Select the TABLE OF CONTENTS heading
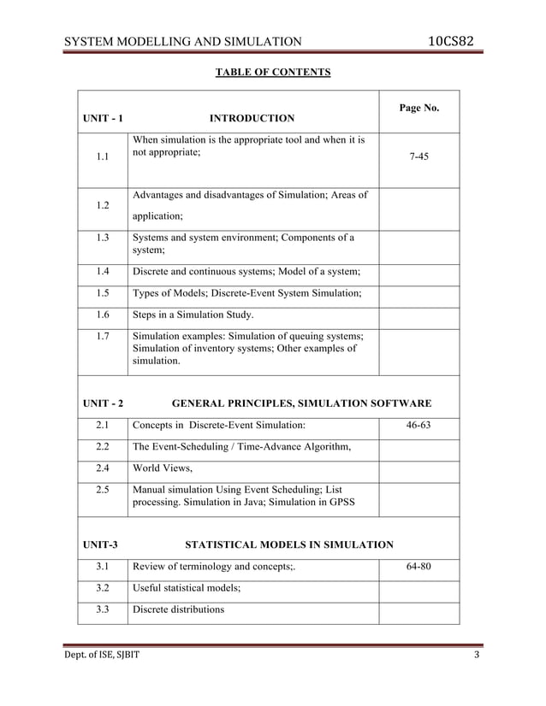tap(272, 72)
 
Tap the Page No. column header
tap(419, 108)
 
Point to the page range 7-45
tap(419, 158)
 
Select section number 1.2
tap(103, 206)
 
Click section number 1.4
tap(103, 273)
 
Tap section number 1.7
tap(103, 336)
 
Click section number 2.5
tap(103, 490)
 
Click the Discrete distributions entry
tap(178, 610)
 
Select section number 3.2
tap(103, 588)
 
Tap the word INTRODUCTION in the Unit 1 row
tap(252, 118)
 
